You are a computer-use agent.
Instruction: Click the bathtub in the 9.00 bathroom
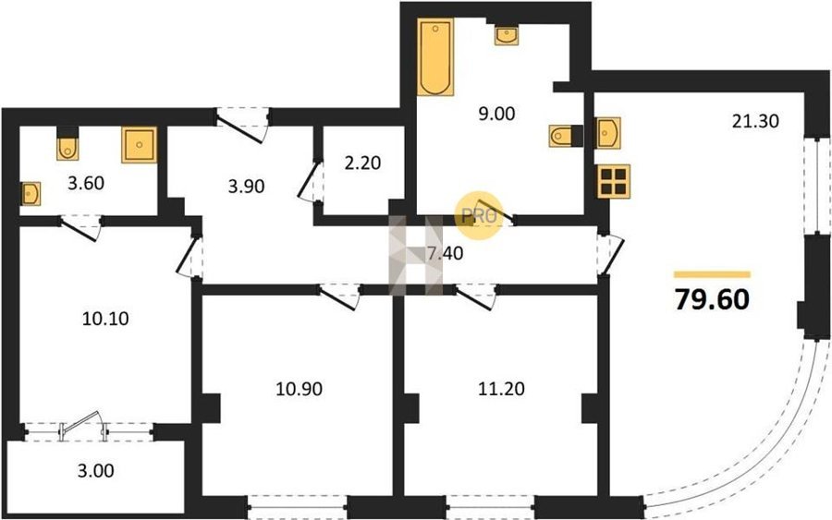coord(435,56)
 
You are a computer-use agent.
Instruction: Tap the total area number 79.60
coord(712,299)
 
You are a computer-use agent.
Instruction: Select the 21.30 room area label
coord(755,121)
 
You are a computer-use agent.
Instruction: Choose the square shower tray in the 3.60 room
coord(139,144)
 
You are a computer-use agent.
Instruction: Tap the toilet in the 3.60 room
coord(67,144)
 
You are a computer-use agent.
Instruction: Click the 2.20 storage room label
coord(363,163)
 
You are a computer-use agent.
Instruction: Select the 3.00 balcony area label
coord(95,471)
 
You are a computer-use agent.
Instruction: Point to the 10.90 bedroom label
coord(300,389)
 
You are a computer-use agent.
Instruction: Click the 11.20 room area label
coord(501,389)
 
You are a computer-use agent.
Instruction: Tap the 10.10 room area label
coord(105,319)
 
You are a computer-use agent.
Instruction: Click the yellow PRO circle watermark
coord(480,216)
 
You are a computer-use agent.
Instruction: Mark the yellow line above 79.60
coord(712,274)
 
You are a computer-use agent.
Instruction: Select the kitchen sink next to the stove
coord(607,133)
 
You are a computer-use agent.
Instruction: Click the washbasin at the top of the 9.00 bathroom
coord(507,35)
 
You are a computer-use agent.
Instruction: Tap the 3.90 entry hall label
coord(246,186)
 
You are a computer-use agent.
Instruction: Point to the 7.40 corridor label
coord(446,254)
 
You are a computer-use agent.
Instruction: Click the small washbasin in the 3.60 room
coord(31,194)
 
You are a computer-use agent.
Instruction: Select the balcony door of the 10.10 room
coord(83,426)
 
